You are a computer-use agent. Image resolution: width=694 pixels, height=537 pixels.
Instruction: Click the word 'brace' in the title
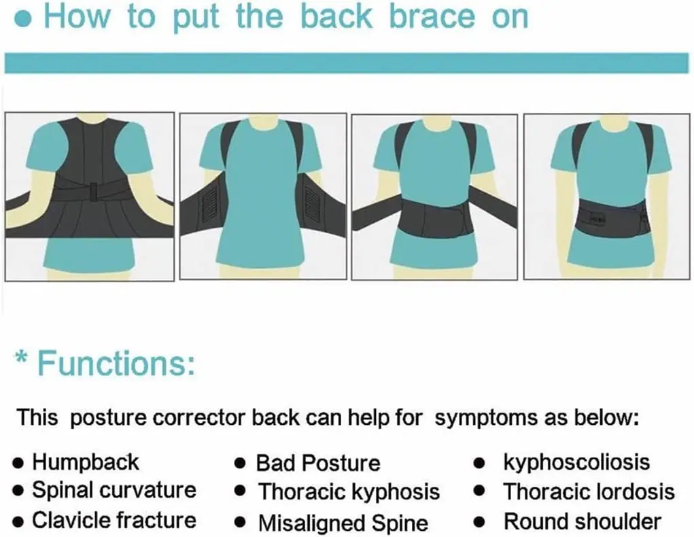pyautogui.click(x=432, y=16)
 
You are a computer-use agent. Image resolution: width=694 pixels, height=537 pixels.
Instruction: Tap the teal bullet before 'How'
pyautogui.click(x=23, y=19)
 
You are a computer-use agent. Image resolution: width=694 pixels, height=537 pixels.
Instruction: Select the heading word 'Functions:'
pyautogui.click(x=116, y=363)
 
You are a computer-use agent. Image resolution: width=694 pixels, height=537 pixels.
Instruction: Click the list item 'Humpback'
pyautogui.click(x=86, y=462)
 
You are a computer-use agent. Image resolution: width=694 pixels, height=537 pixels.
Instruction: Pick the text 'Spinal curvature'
pyautogui.click(x=114, y=491)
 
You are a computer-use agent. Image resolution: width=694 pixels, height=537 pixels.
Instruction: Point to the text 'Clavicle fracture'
pyautogui.click(x=114, y=520)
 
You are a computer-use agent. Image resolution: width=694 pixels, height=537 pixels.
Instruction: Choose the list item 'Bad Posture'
pyautogui.click(x=318, y=464)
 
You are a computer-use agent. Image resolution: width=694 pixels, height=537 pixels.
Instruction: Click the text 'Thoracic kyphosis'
pyautogui.click(x=349, y=492)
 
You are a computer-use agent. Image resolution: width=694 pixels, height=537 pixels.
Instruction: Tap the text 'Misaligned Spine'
pyautogui.click(x=343, y=523)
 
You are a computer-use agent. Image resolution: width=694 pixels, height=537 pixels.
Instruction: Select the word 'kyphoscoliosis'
pyautogui.click(x=576, y=463)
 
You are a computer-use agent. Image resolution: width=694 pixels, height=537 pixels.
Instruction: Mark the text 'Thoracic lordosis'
pyautogui.click(x=589, y=492)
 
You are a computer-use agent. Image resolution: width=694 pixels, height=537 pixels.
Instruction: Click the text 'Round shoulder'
pyautogui.click(x=583, y=521)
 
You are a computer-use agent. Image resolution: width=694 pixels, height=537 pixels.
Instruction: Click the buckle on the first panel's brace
pyautogui.click(x=93, y=192)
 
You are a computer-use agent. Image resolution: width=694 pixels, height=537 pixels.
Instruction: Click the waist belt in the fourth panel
pyautogui.click(x=613, y=217)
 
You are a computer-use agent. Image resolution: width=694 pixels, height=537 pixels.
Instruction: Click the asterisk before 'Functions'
pyautogui.click(x=21, y=358)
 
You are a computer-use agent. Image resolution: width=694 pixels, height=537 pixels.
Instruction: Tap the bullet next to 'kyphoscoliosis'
pyautogui.click(x=479, y=464)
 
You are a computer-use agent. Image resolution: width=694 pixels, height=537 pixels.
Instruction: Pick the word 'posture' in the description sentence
pyautogui.click(x=108, y=419)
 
